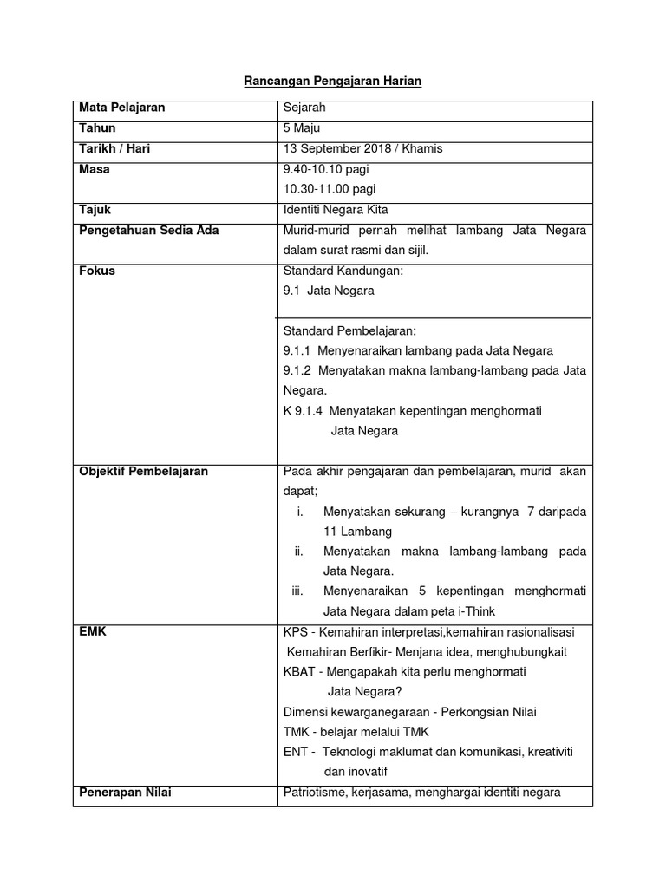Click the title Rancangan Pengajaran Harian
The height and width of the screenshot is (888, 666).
[333, 81]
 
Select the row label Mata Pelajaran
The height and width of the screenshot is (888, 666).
[122, 108]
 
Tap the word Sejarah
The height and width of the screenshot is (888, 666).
[304, 108]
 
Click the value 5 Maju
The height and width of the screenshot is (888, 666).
[303, 128]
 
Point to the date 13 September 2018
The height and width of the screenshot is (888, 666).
[339, 148]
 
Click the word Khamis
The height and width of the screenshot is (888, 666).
[422, 148]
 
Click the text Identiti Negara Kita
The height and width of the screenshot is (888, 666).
[336, 210]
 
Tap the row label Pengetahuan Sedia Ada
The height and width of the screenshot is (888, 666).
[149, 230]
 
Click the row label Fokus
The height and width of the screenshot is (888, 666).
[97, 271]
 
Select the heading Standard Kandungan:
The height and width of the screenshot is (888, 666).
[343, 271]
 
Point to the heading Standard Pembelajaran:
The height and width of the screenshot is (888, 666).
[349, 330]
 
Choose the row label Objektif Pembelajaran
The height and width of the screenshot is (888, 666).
[144, 472]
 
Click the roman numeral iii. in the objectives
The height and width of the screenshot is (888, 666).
[297, 591]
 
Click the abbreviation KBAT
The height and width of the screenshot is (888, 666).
[300, 672]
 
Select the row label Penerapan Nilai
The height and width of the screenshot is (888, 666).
[125, 792]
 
